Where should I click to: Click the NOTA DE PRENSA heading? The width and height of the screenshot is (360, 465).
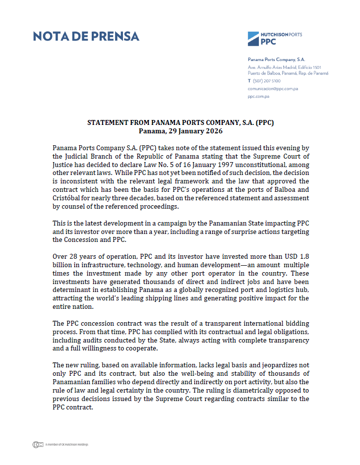(x=86, y=36)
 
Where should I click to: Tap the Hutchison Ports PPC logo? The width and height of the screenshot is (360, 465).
(x=275, y=38)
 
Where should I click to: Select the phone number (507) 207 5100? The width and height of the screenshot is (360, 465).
(x=267, y=80)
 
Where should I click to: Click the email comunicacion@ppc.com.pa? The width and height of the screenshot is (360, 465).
(x=273, y=88)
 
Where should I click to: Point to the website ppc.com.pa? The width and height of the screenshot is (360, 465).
(x=258, y=96)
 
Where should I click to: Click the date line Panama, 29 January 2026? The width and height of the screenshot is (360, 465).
(x=180, y=131)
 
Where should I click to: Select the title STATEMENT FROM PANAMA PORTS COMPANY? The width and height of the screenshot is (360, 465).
(x=180, y=123)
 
